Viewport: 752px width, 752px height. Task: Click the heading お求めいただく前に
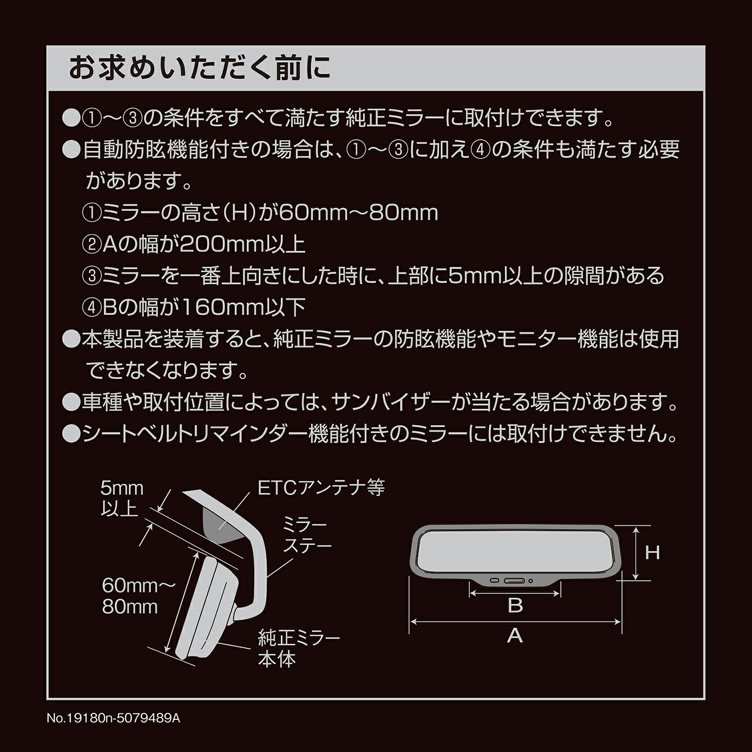tap(200, 68)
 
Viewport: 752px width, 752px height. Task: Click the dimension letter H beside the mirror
tap(652, 553)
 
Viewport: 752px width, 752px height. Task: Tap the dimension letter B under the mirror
tap(515, 606)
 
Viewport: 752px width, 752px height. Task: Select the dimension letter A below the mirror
tap(515, 636)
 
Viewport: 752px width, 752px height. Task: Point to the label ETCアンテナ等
tap(321, 487)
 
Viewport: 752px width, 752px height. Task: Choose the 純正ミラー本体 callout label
tap(299, 648)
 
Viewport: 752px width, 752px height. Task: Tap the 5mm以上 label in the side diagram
tap(122, 498)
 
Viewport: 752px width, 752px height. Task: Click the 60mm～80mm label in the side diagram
tap(138, 596)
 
